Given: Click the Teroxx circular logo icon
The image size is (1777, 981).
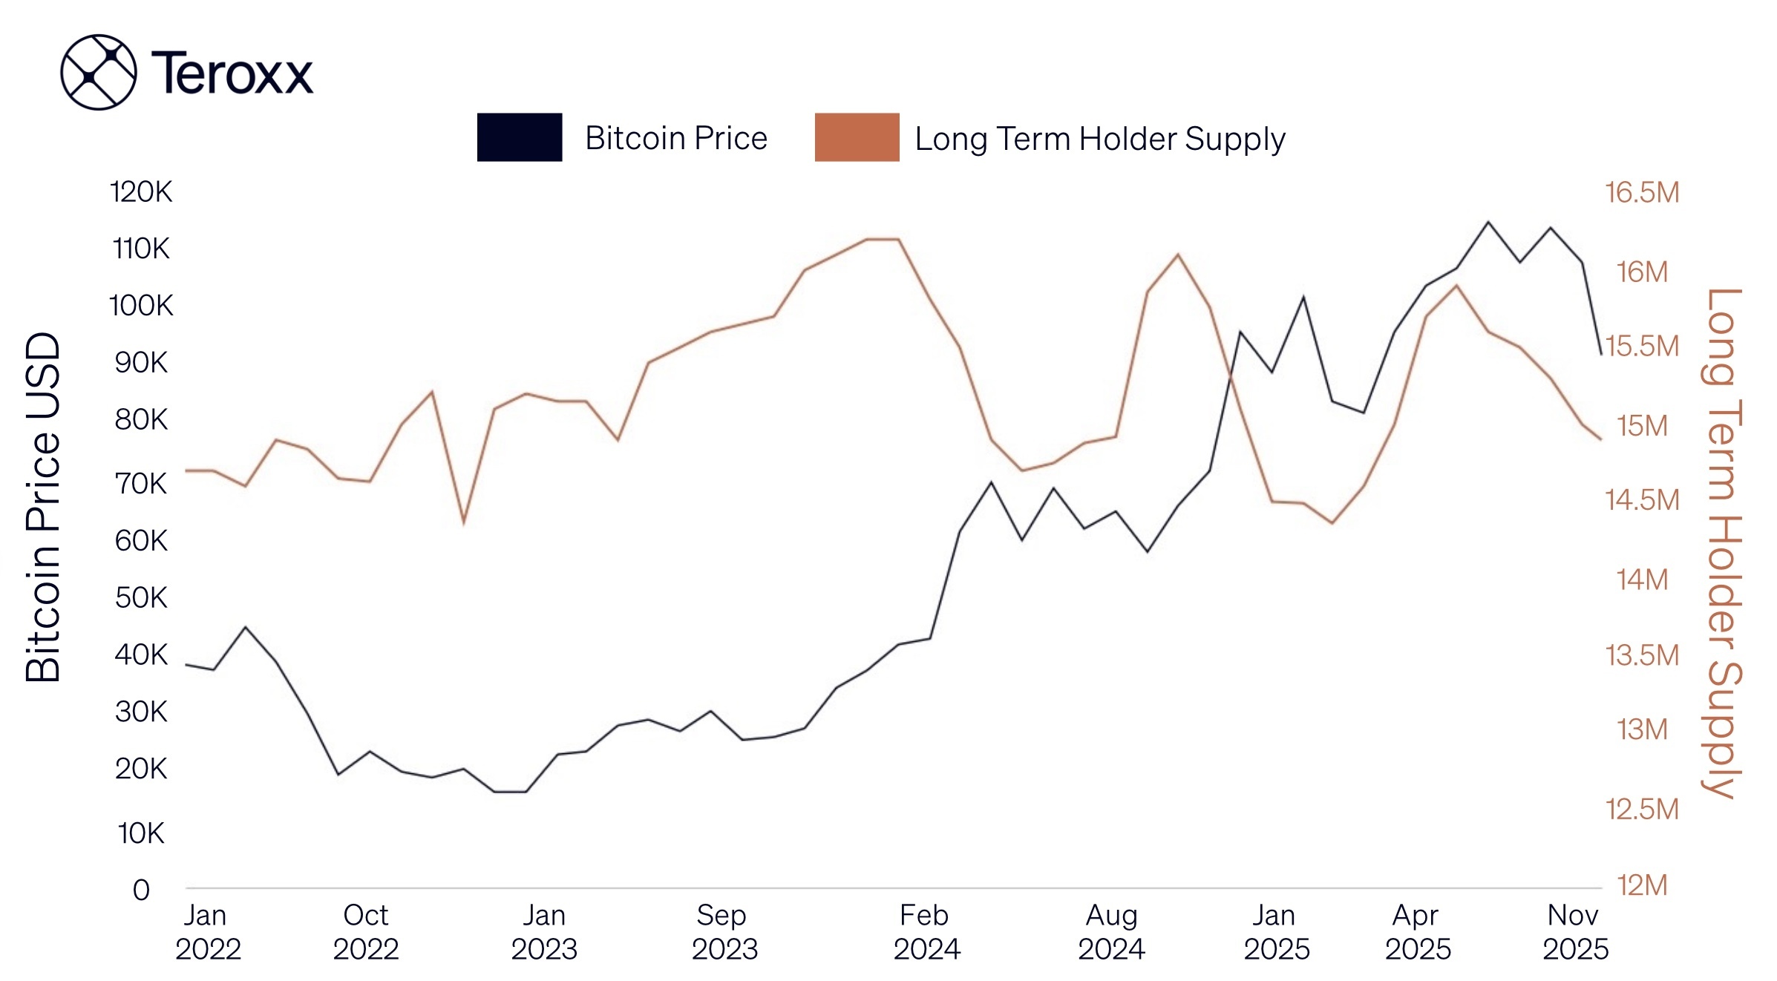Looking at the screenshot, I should [98, 72].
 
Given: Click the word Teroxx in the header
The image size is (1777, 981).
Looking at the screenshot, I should [232, 73].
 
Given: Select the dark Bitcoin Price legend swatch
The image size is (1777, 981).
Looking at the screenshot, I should [519, 137].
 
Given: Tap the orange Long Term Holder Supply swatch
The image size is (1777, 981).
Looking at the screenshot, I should [857, 137].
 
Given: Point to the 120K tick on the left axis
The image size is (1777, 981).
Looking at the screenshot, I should [140, 192].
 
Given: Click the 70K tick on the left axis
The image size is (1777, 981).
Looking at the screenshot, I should [140, 484].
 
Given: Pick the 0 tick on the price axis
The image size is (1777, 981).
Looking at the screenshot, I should [141, 890].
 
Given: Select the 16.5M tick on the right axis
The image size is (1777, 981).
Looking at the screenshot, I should [1641, 193].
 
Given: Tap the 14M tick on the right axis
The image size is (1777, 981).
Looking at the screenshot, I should [1641, 580].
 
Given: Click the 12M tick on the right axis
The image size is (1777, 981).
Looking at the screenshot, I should [1641, 885].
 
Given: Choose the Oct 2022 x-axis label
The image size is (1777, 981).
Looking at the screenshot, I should [365, 932].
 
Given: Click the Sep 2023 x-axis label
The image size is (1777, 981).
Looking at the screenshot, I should [724, 932].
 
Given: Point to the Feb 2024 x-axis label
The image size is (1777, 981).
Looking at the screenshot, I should [926, 932].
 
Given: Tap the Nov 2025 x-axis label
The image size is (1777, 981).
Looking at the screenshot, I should [1574, 932].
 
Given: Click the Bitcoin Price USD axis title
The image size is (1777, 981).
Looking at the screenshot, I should [43, 507].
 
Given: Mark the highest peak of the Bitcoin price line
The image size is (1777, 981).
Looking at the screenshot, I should [1488, 222].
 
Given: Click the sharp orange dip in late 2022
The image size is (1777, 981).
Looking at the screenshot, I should [464, 522].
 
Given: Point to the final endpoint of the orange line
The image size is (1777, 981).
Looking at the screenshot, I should [1600, 439].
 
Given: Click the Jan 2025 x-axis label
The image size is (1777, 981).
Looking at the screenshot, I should [1276, 932].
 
